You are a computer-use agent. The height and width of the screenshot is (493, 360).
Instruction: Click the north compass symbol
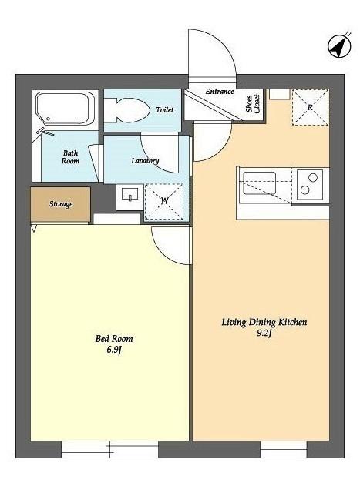coord(339,46)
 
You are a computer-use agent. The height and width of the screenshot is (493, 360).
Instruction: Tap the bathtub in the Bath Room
coord(66,109)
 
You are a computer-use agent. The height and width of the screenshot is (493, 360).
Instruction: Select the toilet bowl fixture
coord(126,110)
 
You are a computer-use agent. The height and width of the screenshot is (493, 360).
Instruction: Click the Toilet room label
coord(164,109)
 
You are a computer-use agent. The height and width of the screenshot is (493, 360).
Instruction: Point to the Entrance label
coord(220,92)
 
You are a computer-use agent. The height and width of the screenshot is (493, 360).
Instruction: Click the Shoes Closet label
coord(254,104)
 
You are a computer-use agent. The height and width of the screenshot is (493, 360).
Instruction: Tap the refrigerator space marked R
coord(311,108)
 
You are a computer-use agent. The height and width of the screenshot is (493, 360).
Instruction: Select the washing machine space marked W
coord(164,201)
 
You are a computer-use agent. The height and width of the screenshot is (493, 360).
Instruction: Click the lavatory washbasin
coord(130,197)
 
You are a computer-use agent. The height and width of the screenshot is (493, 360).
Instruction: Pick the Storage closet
coord(60,204)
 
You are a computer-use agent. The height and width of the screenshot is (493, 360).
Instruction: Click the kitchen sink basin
coord(260,183)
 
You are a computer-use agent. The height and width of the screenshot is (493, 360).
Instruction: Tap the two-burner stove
coord(310,184)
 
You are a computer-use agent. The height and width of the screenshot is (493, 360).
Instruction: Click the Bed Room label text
coord(114,339)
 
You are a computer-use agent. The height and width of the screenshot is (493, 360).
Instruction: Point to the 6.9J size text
coord(113,350)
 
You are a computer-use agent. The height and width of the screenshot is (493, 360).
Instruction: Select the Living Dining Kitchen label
coord(264,322)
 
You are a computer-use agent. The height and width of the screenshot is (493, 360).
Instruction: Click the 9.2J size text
coord(264,334)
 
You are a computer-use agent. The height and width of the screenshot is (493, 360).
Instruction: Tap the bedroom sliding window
coord(109,449)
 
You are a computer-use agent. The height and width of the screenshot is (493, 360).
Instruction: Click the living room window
coord(284,449)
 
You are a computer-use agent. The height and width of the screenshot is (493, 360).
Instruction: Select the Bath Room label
coord(70,157)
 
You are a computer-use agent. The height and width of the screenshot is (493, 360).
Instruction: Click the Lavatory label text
coord(145,161)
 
